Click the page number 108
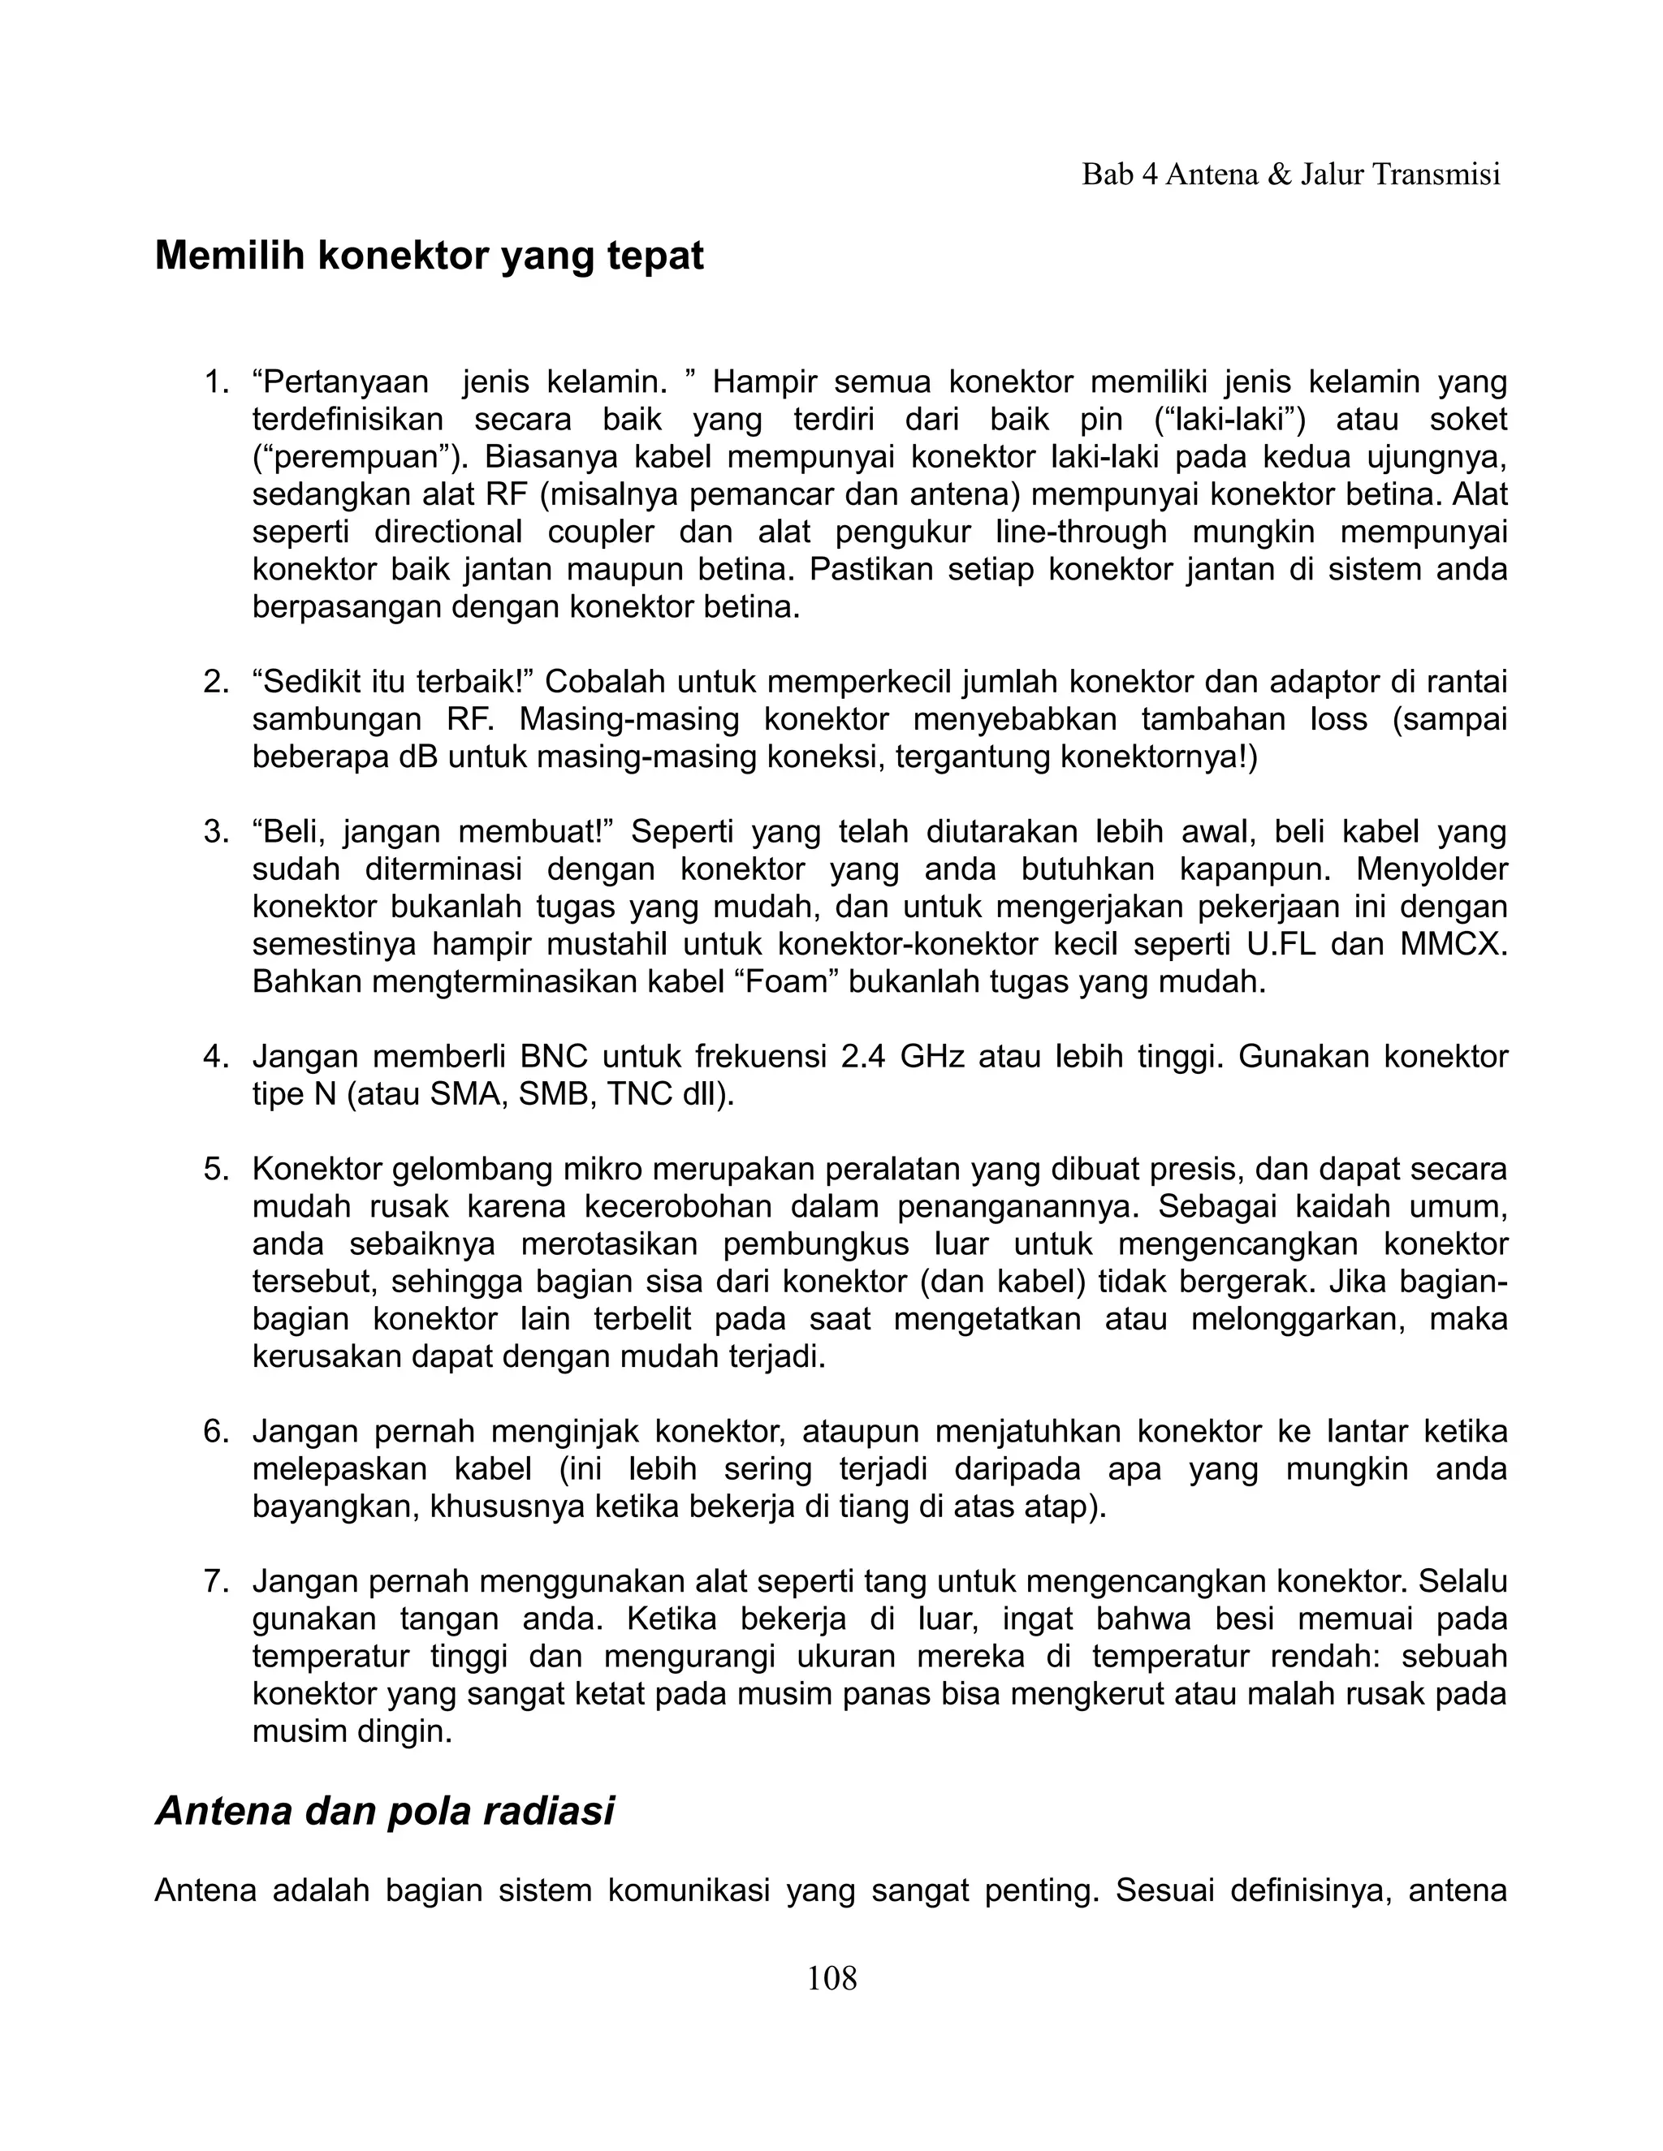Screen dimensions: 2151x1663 click(x=831, y=1977)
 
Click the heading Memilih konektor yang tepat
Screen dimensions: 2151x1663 click(x=429, y=256)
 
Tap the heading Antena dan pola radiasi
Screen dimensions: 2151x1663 click(x=384, y=1810)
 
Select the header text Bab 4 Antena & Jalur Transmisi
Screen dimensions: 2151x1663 click(x=1290, y=175)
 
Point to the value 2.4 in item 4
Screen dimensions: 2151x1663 click(x=863, y=1057)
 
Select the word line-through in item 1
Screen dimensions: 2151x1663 click(x=1081, y=532)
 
